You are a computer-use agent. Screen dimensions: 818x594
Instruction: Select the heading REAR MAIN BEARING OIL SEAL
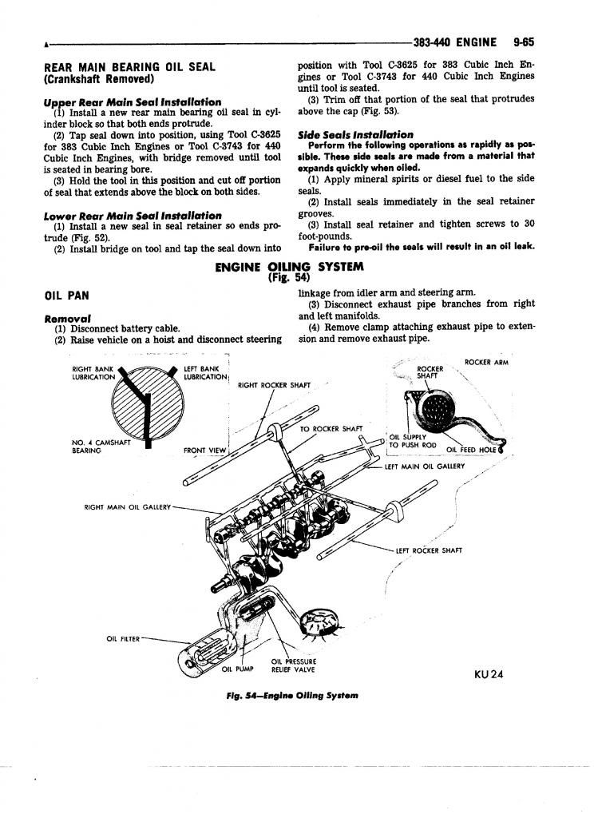click(129, 67)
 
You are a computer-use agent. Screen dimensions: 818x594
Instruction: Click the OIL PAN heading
click(65, 295)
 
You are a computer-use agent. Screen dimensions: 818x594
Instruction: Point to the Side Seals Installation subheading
click(355, 135)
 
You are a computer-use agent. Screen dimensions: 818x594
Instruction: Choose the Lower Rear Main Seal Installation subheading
click(133, 216)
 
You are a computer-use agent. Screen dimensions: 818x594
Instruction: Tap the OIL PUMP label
click(236, 669)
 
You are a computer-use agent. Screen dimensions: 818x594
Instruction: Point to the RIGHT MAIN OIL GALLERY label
click(128, 506)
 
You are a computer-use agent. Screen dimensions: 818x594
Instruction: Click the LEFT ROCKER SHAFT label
click(429, 550)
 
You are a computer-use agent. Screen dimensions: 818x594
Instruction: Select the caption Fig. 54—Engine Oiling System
click(292, 695)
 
